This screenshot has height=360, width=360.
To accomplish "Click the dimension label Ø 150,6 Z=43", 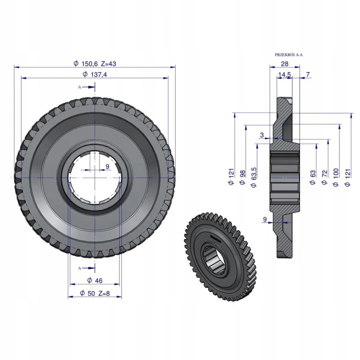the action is tap(95, 63).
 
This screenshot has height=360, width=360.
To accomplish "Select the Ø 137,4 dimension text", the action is tap(95, 74).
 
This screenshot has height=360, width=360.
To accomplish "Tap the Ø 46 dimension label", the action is tap(95, 280).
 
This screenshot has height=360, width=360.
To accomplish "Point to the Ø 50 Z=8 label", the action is tap(95, 293).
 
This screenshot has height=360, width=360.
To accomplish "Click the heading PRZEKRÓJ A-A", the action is tap(288, 55).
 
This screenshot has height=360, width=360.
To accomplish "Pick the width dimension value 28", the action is tap(285, 64).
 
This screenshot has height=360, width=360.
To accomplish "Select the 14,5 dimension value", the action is tap(285, 74).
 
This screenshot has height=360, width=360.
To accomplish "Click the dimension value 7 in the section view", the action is tap(308, 74).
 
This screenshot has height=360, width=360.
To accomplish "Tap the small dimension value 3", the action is tap(262, 135).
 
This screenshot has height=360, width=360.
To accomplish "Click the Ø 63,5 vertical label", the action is tap(254, 178).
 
